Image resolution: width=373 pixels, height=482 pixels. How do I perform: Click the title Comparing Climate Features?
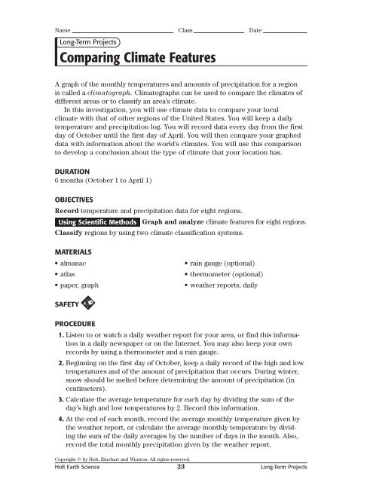tap(136, 58)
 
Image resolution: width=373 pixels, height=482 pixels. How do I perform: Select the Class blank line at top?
tap(219, 31)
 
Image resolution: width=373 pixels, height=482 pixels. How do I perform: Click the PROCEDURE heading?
tap(78, 319)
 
